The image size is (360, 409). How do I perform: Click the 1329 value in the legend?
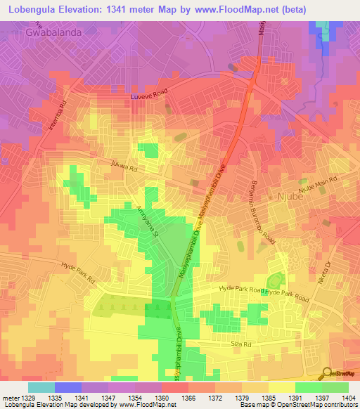[27, 398]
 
